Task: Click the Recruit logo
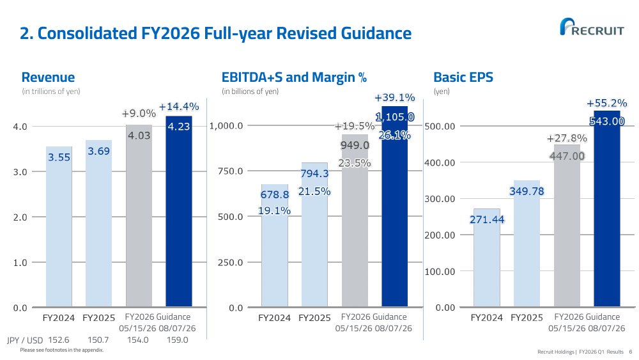[592, 27]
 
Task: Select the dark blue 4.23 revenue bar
[178, 211]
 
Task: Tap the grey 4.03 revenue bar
[139, 215]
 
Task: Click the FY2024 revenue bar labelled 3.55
[59, 227]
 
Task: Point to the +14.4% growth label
[179, 107]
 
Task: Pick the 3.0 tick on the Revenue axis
[20, 172]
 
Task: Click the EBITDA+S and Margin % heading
[294, 77]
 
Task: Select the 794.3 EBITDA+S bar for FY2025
[314, 235]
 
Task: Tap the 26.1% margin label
[394, 135]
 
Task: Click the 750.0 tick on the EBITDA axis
[230, 171]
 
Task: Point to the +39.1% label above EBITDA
[394, 97]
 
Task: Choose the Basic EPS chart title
[463, 77]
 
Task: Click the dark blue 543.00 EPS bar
[607, 208]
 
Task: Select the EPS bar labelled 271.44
[486, 258]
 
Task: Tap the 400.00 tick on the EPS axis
[440, 162]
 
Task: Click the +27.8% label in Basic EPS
[567, 139]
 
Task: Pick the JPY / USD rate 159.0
[177, 340]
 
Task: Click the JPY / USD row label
[25, 340]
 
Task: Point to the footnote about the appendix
[62, 350]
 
